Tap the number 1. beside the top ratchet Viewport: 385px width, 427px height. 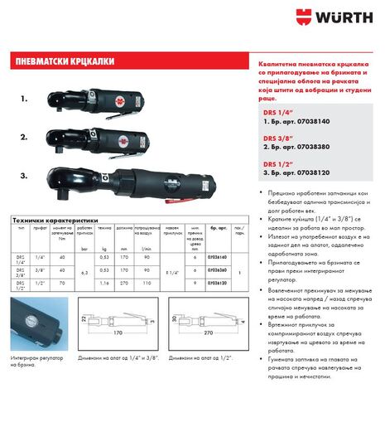tap(25, 98)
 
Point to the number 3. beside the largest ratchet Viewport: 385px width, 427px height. tap(25, 176)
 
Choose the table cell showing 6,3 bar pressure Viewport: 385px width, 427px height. tap(81, 271)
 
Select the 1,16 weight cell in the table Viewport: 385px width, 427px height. tap(103, 284)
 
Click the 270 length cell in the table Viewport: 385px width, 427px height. tap(123, 284)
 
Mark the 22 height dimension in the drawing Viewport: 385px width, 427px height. tap(84, 318)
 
